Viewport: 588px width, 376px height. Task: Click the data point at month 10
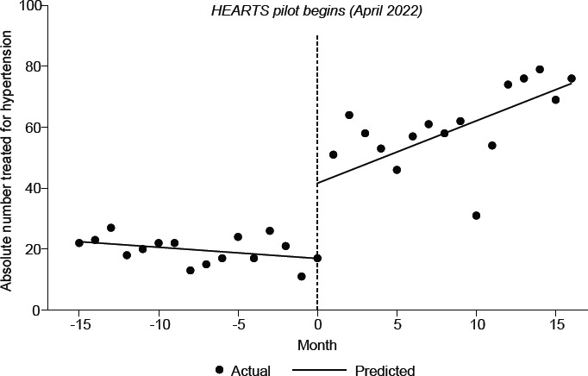click(x=476, y=216)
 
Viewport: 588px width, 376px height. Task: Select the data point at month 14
click(x=540, y=69)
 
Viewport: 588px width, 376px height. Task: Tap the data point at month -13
click(x=111, y=228)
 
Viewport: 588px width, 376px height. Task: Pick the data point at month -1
click(x=302, y=277)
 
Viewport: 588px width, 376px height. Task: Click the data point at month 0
click(x=317, y=258)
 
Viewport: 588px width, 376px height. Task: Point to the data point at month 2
click(x=349, y=115)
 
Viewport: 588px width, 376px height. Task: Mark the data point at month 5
click(x=397, y=170)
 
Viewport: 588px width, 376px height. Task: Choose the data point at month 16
click(x=572, y=78)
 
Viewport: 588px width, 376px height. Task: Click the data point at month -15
click(x=79, y=243)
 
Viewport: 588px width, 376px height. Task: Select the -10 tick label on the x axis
click(x=160, y=325)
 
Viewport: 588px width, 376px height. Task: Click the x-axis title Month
click(x=317, y=345)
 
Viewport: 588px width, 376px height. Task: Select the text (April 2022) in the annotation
click(x=385, y=11)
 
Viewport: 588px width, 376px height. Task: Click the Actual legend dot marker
click(x=220, y=370)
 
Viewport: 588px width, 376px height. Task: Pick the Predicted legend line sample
click(x=318, y=370)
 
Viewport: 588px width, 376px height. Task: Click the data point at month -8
click(x=191, y=270)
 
